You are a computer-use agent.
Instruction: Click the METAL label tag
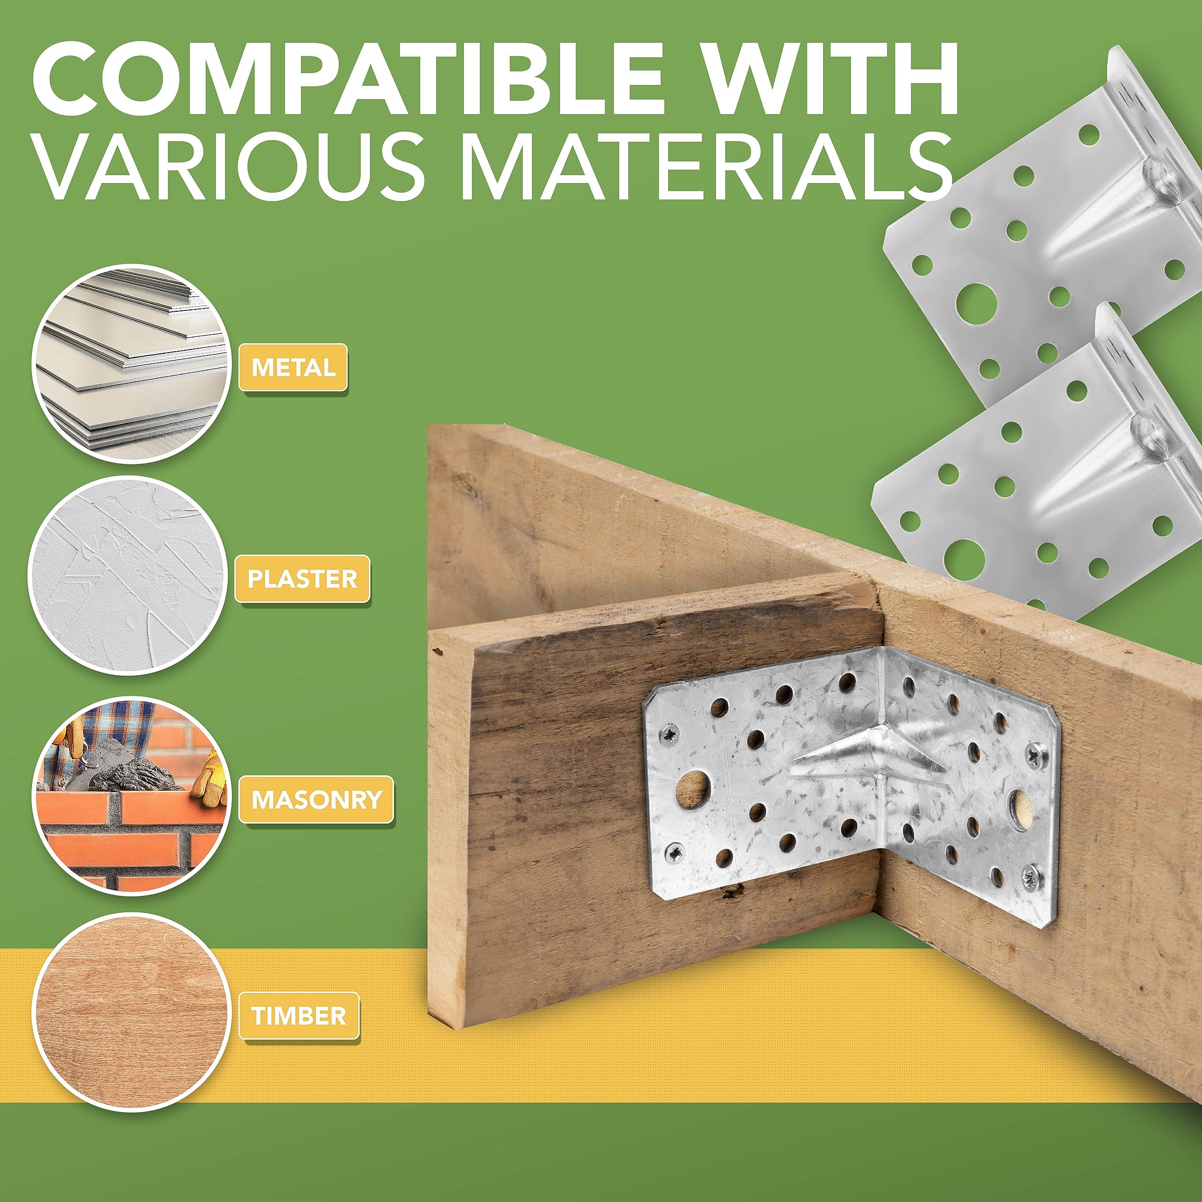point(293,367)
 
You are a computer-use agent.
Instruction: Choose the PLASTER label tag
point(302,578)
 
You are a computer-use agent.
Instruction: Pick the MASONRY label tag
point(316,800)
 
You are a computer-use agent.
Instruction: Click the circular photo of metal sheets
point(131,364)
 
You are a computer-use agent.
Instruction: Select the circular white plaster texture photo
point(128,576)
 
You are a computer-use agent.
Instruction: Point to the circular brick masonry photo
point(131,796)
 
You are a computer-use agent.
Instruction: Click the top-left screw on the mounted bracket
point(670,735)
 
